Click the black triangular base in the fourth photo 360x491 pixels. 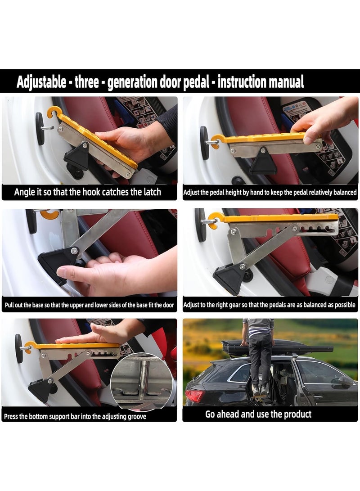pyautogui.click(x=229, y=279)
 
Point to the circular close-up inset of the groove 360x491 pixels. pyautogui.click(x=141, y=383)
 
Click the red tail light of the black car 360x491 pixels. pyautogui.click(x=194, y=396)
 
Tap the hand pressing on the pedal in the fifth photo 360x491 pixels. pyautogui.click(x=97, y=335)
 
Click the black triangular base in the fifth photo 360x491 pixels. pyautogui.click(x=41, y=389)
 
